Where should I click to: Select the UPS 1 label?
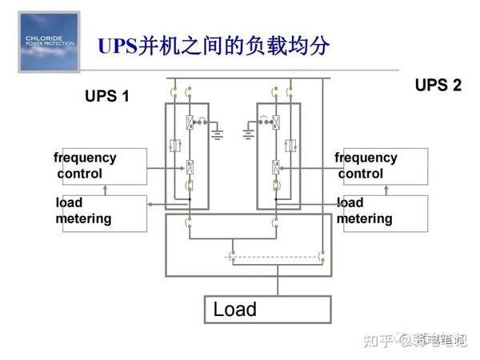tap(106, 97)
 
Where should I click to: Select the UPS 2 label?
tap(438, 86)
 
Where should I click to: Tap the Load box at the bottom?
tap(265, 310)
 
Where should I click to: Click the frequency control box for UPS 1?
tap(100, 166)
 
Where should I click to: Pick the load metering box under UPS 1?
tap(100, 212)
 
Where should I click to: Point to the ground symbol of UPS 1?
tap(216, 132)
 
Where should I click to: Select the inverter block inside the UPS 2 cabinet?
tap(274, 168)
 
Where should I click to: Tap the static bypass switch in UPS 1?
tap(176, 146)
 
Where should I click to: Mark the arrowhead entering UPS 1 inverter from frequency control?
tap(182, 168)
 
